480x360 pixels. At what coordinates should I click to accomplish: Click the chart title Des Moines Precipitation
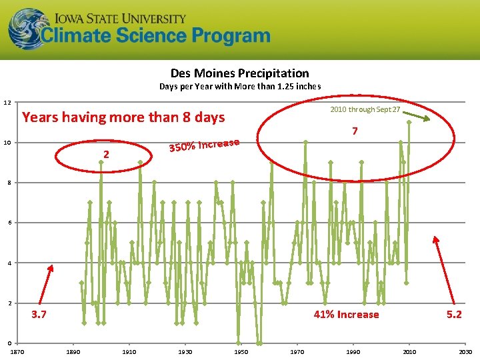point(239,73)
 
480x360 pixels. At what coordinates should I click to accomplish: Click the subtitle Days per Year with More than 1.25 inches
point(239,86)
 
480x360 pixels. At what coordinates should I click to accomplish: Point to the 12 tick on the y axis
point(7,102)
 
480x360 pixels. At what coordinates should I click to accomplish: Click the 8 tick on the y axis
point(7,183)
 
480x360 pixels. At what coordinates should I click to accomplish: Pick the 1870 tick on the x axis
point(17,351)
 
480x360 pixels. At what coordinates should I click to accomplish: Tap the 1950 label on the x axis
point(241,351)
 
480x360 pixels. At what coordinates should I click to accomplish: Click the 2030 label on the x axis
point(465,351)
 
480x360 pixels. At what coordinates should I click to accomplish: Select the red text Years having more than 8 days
point(123,118)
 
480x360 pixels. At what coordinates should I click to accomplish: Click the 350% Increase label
point(203,144)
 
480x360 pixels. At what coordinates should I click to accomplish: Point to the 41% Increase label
point(346,315)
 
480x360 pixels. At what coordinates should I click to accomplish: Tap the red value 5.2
point(454,315)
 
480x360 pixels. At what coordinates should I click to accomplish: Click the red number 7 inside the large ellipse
point(355,131)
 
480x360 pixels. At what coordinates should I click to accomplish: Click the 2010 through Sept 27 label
point(365,109)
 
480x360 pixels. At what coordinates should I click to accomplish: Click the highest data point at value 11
point(409,122)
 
